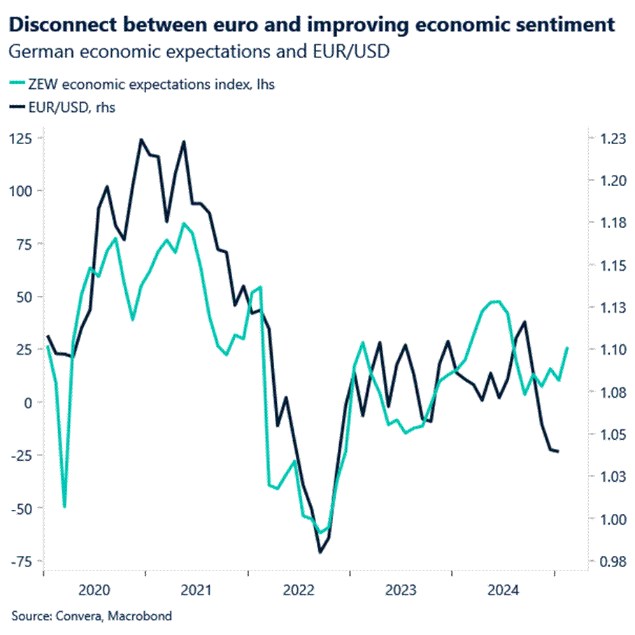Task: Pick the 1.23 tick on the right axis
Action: pos(603,139)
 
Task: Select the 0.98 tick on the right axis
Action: pos(603,561)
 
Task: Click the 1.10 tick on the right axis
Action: pos(603,350)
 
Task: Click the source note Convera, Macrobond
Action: pos(91,616)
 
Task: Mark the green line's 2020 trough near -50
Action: pos(64,507)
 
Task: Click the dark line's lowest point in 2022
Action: pos(320,552)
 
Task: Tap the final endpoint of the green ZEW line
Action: pos(567,348)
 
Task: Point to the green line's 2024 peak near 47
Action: pos(495,301)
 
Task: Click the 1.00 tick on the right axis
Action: pos(603,519)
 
